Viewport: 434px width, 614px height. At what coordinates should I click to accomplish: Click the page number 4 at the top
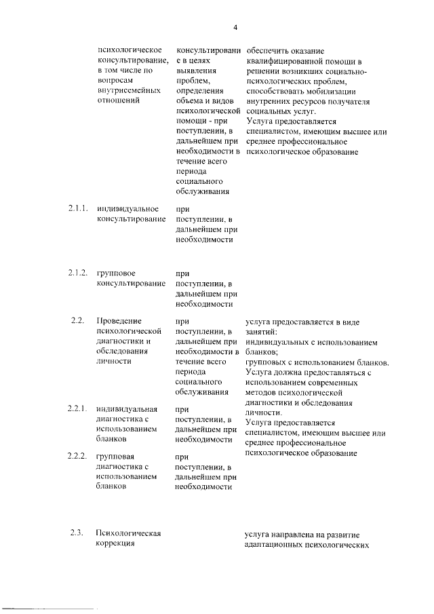235,27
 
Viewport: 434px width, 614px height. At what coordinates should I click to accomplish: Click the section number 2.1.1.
78,208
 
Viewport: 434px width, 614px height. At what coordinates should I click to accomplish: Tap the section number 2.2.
76,320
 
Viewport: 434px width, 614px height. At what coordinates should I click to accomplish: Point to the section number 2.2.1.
78,408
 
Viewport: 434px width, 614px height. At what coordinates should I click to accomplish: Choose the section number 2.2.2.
78,456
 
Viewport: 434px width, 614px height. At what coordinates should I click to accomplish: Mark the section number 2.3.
76,532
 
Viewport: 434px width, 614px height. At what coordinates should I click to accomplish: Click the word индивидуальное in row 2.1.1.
128,208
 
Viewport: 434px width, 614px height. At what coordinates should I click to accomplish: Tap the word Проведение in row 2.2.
119,320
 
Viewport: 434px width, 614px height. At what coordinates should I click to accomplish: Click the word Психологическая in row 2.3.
129,533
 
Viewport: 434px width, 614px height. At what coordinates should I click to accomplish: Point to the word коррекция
117,543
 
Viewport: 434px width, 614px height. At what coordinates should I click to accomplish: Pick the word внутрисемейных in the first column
129,90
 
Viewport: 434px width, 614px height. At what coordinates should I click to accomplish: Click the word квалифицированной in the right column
278,61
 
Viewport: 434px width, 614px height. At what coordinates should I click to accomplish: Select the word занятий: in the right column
260,332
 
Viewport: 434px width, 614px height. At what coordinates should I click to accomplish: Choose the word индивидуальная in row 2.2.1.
128,409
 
